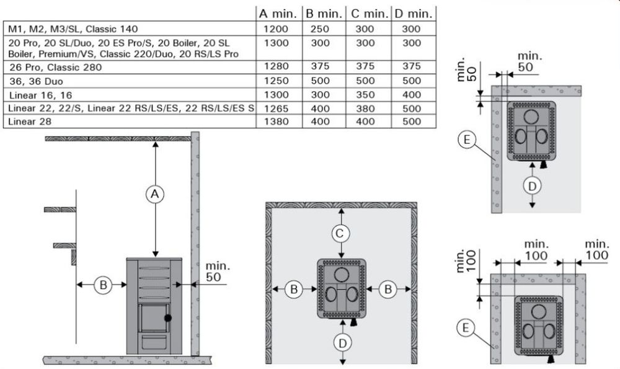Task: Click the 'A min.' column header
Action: (278, 14)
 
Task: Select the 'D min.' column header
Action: (413, 14)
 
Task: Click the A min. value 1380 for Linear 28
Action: (277, 122)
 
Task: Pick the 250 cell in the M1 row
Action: (320, 29)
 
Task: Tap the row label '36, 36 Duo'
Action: (36, 81)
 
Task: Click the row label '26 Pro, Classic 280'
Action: (55, 67)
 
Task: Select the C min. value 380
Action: (365, 109)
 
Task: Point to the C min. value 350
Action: (365, 95)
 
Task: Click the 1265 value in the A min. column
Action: (277, 109)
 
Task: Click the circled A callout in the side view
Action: (155, 194)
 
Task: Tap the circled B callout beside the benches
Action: (103, 285)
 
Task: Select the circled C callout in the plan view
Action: (340, 234)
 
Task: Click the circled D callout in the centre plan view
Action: (342, 343)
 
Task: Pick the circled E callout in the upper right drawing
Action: (467, 140)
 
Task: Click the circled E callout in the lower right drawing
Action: (466, 328)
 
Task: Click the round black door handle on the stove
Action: (168, 318)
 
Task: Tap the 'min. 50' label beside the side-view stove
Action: (217, 271)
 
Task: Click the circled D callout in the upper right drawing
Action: (532, 185)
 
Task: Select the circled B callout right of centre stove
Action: (388, 290)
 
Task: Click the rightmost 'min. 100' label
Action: (596, 249)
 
